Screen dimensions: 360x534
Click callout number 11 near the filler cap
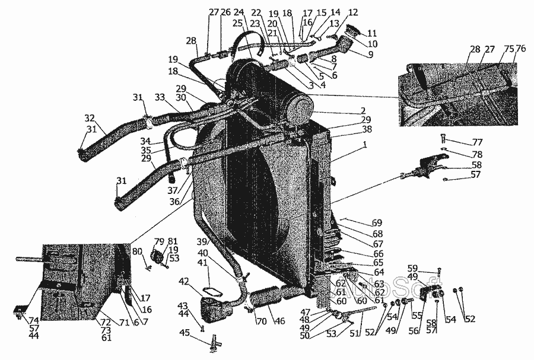tap(372, 33)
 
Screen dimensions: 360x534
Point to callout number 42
tap(185, 281)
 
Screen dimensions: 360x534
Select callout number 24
tap(239, 12)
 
